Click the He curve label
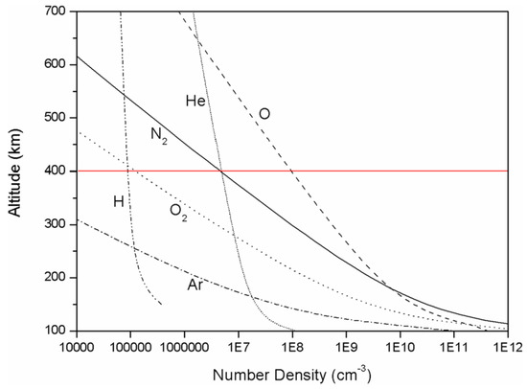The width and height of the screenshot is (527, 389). pyautogui.click(x=195, y=99)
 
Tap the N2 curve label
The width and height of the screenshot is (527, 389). pyautogui.click(x=160, y=135)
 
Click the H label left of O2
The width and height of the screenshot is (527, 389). pyautogui.click(x=119, y=200)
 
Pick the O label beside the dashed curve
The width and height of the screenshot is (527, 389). pyautogui.click(x=264, y=114)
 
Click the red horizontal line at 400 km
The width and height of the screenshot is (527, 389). pyautogui.click(x=383, y=171)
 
